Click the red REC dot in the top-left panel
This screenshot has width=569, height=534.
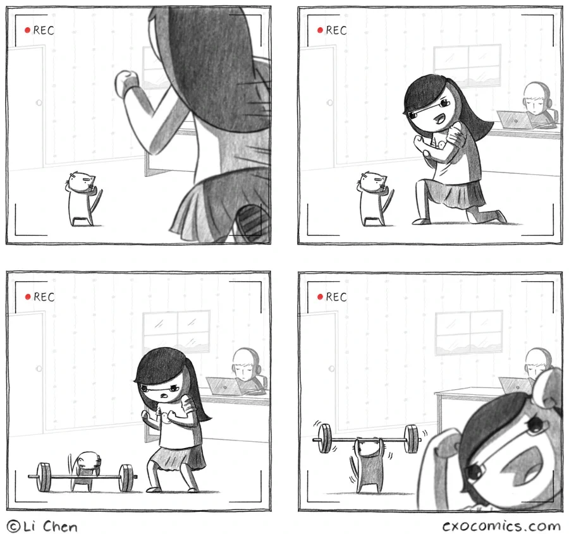click(27, 30)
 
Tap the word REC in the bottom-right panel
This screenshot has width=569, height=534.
click(336, 297)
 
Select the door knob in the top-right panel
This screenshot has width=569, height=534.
click(329, 102)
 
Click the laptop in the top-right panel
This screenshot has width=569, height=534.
click(515, 119)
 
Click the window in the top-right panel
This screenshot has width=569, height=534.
click(467, 66)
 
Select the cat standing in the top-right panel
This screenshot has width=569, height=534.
click(376, 198)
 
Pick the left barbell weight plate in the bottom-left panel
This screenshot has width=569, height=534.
click(44, 477)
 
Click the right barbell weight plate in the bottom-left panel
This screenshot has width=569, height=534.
click(126, 478)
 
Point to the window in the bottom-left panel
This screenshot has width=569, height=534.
click(177, 331)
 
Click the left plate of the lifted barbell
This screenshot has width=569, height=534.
click(324, 439)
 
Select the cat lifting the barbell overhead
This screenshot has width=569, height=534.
click(369, 464)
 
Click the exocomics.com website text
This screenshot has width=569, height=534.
click(501, 526)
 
